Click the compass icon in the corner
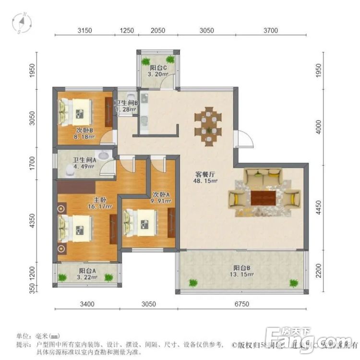pos(22,23)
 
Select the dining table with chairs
pos(208,124)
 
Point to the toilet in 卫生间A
pos(71,169)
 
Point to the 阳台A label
pos(87,270)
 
